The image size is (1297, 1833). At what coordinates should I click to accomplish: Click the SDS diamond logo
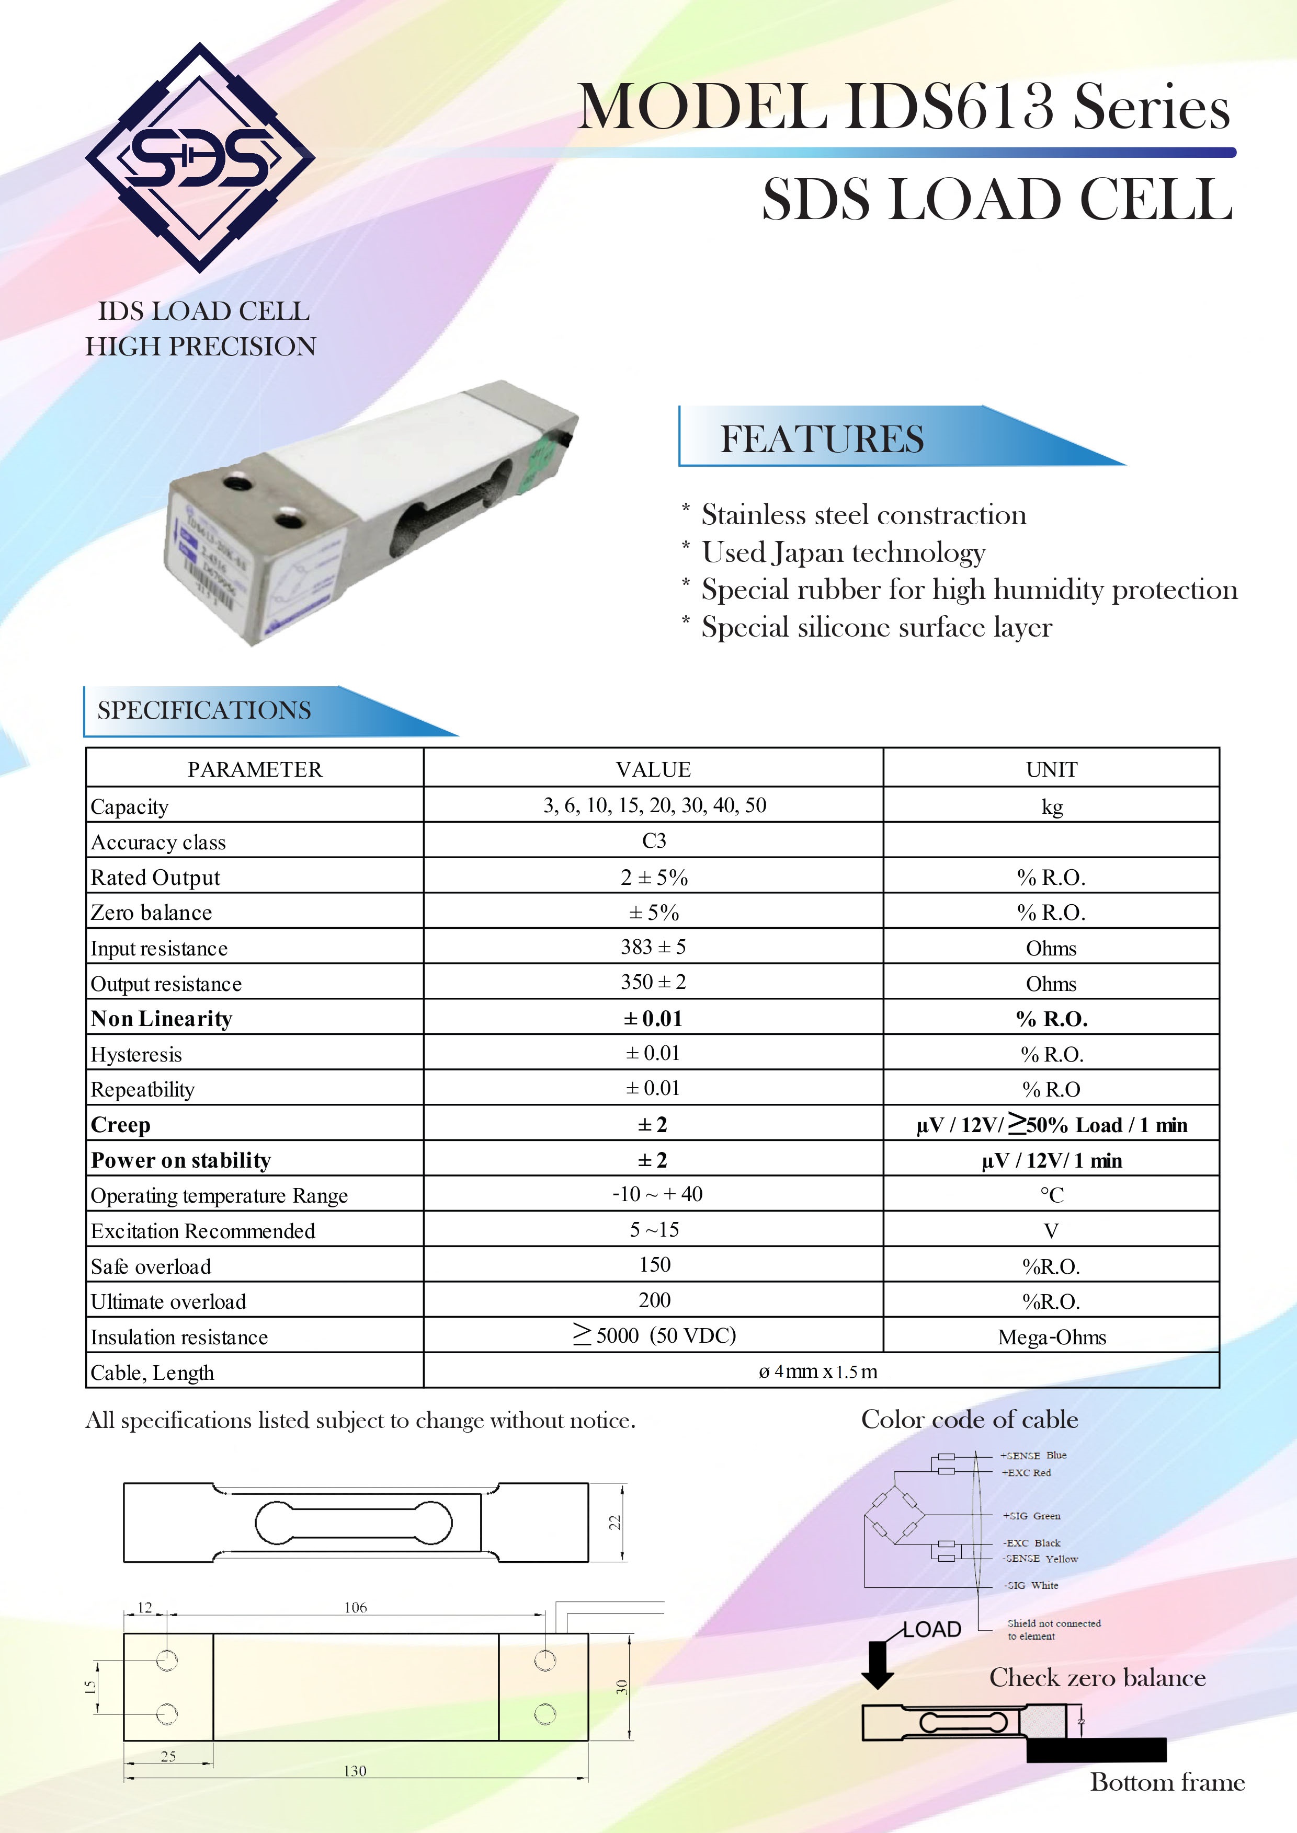(x=200, y=157)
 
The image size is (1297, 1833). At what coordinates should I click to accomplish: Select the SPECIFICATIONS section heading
(x=204, y=710)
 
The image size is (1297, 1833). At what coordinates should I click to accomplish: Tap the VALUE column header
(x=653, y=769)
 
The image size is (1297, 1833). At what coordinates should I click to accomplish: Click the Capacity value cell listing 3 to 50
(x=654, y=805)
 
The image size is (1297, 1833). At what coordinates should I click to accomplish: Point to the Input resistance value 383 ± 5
(x=653, y=947)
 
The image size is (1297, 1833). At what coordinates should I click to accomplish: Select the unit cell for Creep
(x=1051, y=1124)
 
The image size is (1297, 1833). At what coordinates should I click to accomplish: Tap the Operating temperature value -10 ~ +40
(x=656, y=1194)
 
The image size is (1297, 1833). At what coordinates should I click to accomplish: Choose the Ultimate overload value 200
(x=654, y=1300)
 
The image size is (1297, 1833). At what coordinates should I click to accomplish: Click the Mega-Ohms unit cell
(x=1051, y=1336)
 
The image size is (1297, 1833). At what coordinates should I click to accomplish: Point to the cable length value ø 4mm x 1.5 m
(x=818, y=1371)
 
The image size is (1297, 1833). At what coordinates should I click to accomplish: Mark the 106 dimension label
(x=356, y=1607)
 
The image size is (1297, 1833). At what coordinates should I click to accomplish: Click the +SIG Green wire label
(x=1032, y=1515)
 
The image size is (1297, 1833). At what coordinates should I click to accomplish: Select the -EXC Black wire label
(x=1032, y=1542)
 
